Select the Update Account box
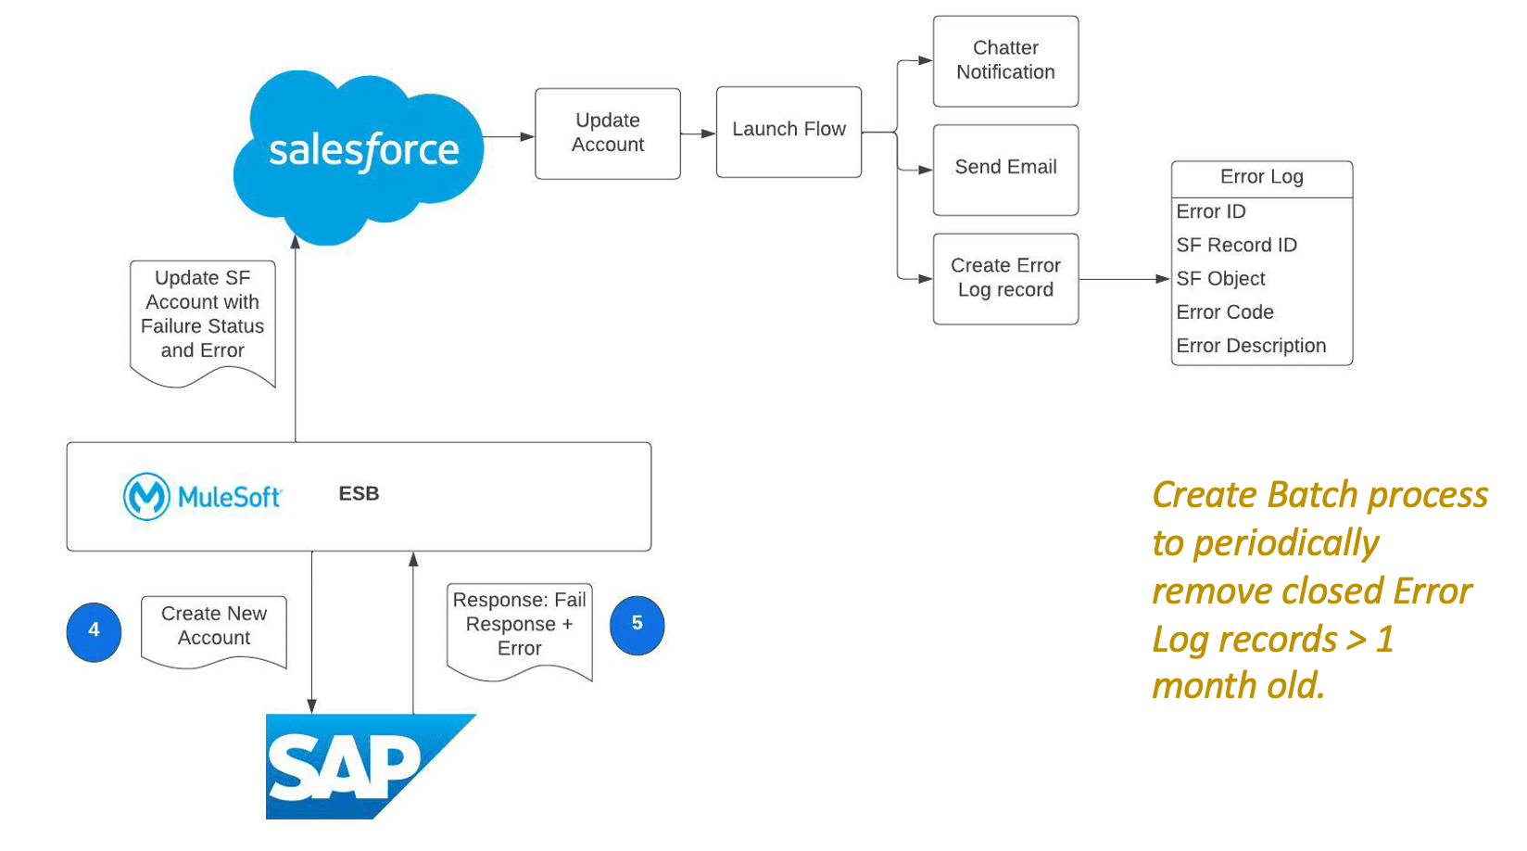coord(608,133)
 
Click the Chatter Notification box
coord(1005,61)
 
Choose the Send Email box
coord(1005,169)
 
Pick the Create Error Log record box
coord(1005,278)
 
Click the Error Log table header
coord(1261,178)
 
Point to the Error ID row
coord(1211,212)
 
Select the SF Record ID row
coord(1236,246)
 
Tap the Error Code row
coord(1225,312)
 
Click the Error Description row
coord(1251,346)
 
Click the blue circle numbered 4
coord(94,631)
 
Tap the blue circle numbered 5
coord(637,625)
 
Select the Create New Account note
coord(214,628)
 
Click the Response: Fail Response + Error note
coord(519,626)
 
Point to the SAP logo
coord(352,768)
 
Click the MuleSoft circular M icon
coord(146,497)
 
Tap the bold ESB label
coord(359,494)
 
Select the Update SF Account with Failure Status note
coord(202,315)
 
